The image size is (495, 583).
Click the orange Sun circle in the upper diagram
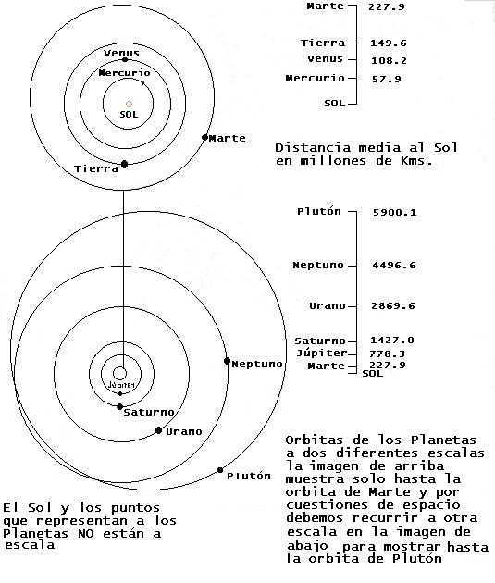pyautogui.click(x=129, y=104)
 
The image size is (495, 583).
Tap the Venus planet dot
pyautogui.click(x=125, y=59)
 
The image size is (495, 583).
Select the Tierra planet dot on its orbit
pyautogui.click(x=125, y=164)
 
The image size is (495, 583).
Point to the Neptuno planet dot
pyautogui.click(x=227, y=361)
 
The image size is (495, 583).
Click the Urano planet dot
pyautogui.click(x=159, y=430)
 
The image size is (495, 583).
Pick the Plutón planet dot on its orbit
pyautogui.click(x=220, y=470)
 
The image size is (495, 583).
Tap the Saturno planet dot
pyautogui.click(x=119, y=407)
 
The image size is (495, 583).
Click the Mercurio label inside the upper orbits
pyautogui.click(x=124, y=73)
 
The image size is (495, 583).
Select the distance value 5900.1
pyautogui.click(x=395, y=212)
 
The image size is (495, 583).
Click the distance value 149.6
pyautogui.click(x=389, y=43)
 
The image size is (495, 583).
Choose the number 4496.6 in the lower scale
pyautogui.click(x=394, y=265)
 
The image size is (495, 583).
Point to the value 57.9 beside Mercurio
pyautogui.click(x=387, y=79)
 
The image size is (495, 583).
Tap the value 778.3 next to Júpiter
pyautogui.click(x=387, y=354)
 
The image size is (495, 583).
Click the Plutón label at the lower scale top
pyautogui.click(x=319, y=211)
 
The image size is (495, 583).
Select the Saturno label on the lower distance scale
pyautogui.click(x=320, y=341)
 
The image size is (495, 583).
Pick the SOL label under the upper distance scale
pyautogui.click(x=335, y=103)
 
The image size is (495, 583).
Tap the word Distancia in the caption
pyautogui.click(x=313, y=148)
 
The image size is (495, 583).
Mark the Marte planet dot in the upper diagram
pyautogui.click(x=204, y=137)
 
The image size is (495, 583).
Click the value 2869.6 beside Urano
pyautogui.click(x=393, y=306)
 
